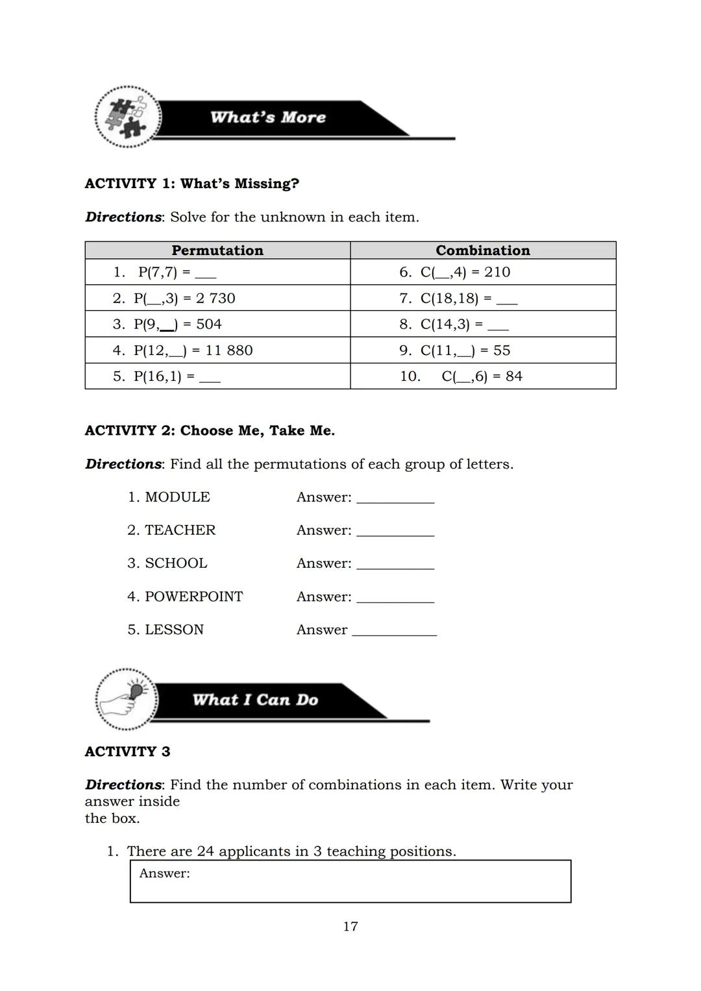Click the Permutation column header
coord(217,251)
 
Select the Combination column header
coord(483,251)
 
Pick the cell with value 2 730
coord(217,299)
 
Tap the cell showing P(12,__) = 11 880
coord(217,350)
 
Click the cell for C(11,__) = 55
coord(483,350)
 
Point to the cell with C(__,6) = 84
coord(483,376)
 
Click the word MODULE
coord(177,497)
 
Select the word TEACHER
coord(180,530)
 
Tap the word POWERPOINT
coord(193,596)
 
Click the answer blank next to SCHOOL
coord(395,565)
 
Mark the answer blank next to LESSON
coord(394,631)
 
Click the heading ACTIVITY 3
coord(127,752)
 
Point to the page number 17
coord(350,927)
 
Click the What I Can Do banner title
coord(255,700)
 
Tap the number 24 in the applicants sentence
coord(205,851)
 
